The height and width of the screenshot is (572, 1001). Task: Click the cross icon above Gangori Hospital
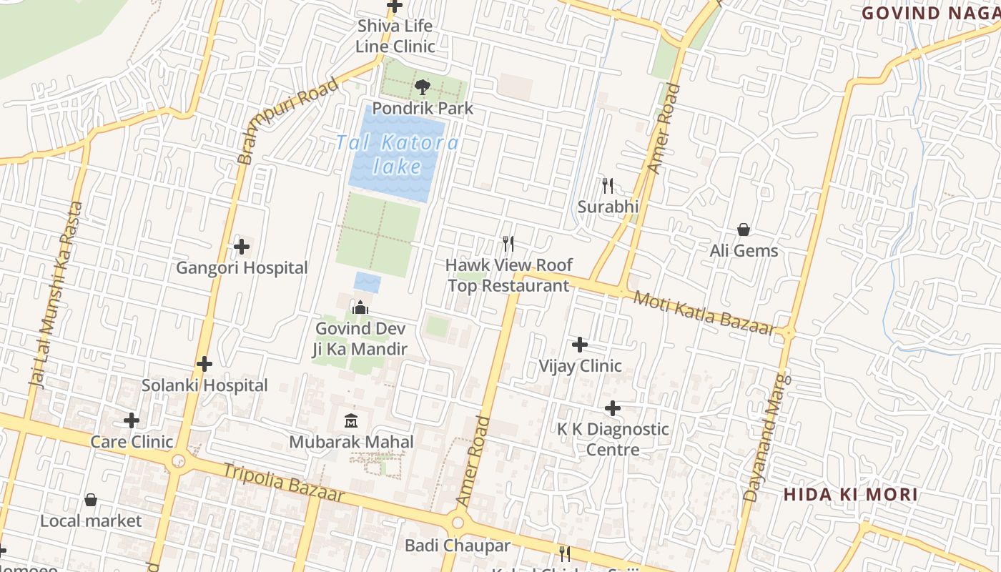pyautogui.click(x=242, y=247)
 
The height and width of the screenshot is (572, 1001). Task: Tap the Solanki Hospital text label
pyautogui.click(x=204, y=385)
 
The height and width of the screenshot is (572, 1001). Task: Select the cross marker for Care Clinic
pyautogui.click(x=132, y=420)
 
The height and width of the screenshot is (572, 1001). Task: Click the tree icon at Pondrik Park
pyautogui.click(x=422, y=87)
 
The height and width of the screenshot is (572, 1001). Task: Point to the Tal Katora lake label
pyautogui.click(x=398, y=154)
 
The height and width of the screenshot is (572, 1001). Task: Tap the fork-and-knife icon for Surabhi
pyautogui.click(x=608, y=186)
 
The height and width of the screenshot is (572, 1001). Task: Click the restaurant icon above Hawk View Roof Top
pyautogui.click(x=508, y=244)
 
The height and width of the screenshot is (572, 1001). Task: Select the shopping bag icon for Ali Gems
pyautogui.click(x=744, y=230)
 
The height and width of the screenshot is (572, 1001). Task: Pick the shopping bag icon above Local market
pyautogui.click(x=91, y=499)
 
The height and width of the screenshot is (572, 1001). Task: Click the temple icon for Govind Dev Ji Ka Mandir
pyautogui.click(x=360, y=307)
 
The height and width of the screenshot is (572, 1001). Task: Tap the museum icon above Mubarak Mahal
pyautogui.click(x=350, y=420)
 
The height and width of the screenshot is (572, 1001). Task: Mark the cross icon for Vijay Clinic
pyautogui.click(x=580, y=345)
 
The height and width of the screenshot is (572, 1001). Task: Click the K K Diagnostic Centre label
pyautogui.click(x=613, y=439)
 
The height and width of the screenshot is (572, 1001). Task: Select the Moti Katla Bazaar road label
pyautogui.click(x=704, y=313)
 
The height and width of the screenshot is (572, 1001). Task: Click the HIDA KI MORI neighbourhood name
pyautogui.click(x=850, y=495)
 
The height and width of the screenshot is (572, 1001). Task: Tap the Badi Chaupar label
pyautogui.click(x=458, y=546)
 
